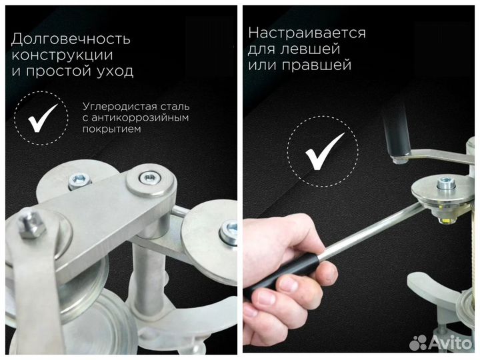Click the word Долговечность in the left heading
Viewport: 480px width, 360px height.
[x=71, y=39]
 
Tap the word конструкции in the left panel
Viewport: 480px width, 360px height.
[x=62, y=55]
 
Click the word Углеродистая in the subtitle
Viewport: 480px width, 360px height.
[x=115, y=106]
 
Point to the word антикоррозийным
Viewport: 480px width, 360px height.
[x=143, y=117]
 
